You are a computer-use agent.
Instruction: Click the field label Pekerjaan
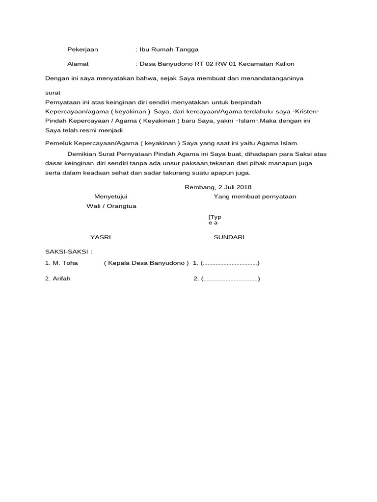point(82,50)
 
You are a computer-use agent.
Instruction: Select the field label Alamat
point(78,64)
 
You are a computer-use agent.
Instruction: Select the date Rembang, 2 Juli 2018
point(217,187)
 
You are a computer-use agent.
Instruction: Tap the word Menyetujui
point(111,197)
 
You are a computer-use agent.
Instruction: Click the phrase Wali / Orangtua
point(111,206)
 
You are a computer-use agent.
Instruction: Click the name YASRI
point(101,237)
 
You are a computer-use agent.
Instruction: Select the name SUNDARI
point(229,237)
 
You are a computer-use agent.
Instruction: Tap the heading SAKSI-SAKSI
point(68,251)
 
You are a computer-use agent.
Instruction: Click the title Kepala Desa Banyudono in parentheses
point(146,263)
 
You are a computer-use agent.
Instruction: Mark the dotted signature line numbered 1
point(230,263)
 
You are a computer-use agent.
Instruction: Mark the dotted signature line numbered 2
point(230,279)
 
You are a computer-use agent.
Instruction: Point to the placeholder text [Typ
point(215,217)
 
